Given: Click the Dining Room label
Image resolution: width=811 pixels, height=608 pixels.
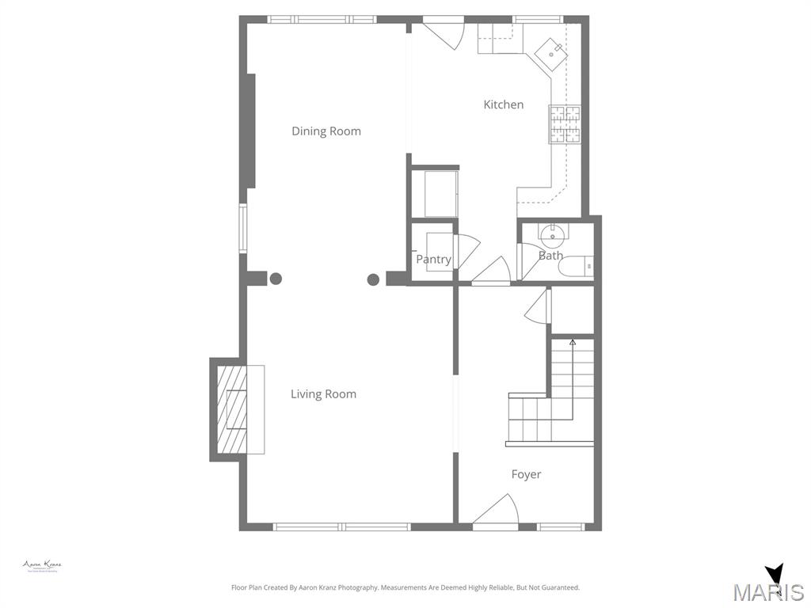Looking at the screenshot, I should click(x=326, y=131).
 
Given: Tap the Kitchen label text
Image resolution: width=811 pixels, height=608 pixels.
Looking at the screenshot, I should click(x=503, y=104).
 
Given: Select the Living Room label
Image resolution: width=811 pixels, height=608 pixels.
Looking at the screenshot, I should click(x=323, y=394).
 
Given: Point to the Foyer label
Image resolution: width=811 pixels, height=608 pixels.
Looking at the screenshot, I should click(x=526, y=474).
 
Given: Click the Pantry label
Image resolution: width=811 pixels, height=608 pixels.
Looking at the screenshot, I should click(x=433, y=260).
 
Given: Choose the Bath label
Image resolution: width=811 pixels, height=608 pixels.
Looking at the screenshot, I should click(x=550, y=256).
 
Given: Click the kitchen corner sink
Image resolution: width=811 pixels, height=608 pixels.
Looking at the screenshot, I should click(x=550, y=51).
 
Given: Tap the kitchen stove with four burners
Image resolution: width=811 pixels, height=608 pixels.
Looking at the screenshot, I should click(x=565, y=124).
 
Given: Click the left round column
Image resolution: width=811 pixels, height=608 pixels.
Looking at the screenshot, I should click(x=276, y=279).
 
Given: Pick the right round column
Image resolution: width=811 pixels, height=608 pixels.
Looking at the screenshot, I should click(x=372, y=279).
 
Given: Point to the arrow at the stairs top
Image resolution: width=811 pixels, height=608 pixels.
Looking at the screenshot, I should click(x=573, y=343).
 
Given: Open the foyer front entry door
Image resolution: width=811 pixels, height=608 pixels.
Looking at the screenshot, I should click(x=496, y=511).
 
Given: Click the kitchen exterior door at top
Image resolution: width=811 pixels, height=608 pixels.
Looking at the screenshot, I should click(x=444, y=32).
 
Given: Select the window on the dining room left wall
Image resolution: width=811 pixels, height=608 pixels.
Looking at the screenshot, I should click(x=243, y=228).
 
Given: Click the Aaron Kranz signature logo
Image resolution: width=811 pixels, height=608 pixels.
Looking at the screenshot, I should click(x=42, y=566).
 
